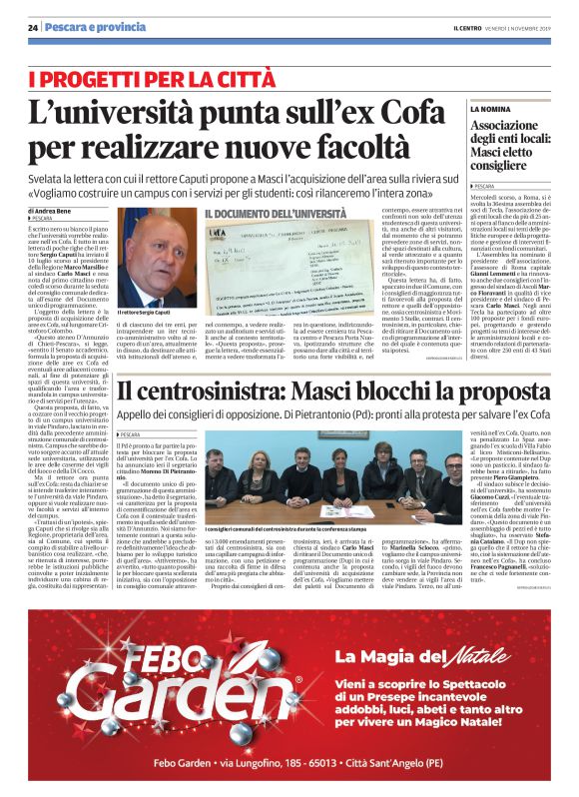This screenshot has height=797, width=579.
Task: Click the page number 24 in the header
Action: point(32,29)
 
